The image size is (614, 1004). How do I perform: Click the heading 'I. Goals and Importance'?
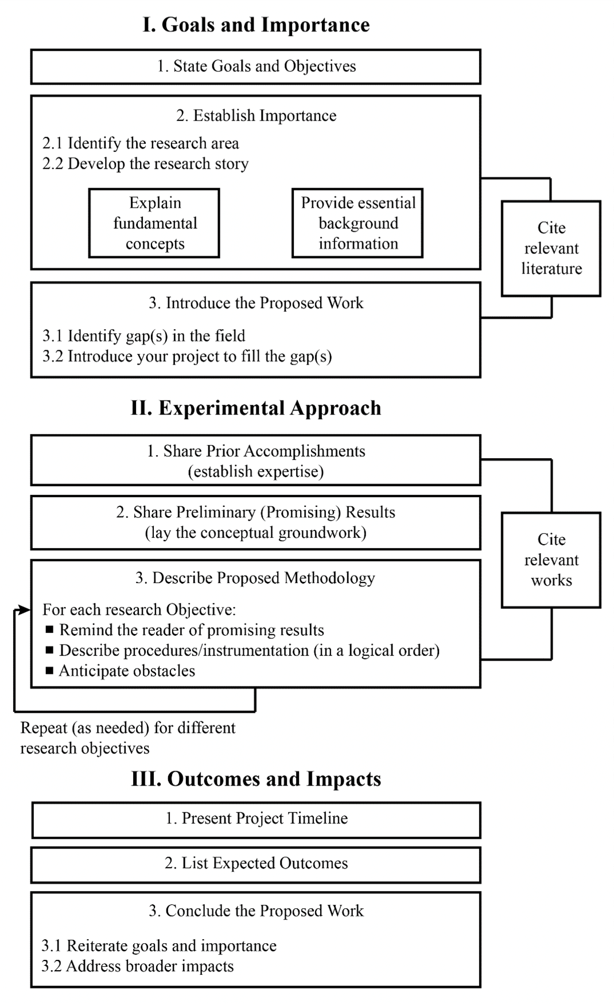coord(256,25)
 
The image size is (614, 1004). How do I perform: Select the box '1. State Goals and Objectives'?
coord(256,67)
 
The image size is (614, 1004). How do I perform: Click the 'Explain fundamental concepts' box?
coord(154,223)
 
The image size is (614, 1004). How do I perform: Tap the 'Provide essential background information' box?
coord(357,223)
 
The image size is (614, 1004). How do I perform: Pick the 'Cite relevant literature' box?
coord(551,248)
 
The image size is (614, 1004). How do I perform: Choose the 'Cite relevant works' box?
coord(551,560)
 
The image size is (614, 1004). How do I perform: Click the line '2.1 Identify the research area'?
coord(141,143)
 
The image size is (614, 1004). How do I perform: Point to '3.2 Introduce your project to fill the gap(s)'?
coord(187,357)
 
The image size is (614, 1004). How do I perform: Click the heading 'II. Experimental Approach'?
coord(256,408)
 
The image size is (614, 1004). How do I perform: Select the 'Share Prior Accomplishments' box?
coord(256,460)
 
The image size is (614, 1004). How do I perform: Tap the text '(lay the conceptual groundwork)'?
coord(256,533)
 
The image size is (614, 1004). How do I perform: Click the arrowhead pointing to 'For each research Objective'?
coord(25,610)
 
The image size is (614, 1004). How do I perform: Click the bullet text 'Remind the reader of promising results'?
coord(192,630)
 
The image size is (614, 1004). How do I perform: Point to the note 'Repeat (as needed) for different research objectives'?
coord(127,738)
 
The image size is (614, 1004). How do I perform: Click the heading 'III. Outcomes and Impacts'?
coord(256,779)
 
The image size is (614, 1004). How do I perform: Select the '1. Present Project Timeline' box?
coord(256,819)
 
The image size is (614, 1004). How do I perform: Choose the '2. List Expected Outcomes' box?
coord(256,864)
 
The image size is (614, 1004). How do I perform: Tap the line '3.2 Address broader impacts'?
coord(138,966)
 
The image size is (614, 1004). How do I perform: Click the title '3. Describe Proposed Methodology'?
coord(255,578)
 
